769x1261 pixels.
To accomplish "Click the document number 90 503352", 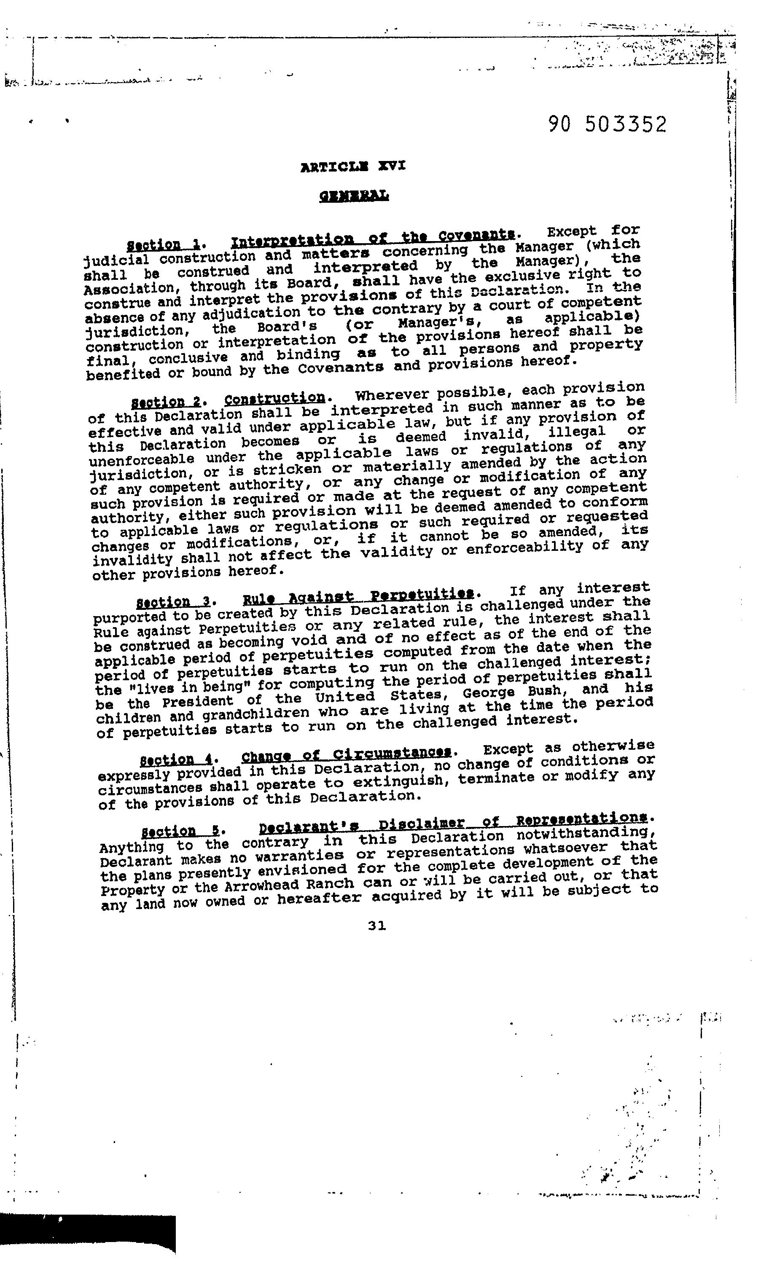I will click(607, 124).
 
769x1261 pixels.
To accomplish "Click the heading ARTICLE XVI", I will click(353, 166).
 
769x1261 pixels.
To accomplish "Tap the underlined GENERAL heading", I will click(354, 196).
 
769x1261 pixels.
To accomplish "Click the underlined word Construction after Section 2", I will click(275, 398).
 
